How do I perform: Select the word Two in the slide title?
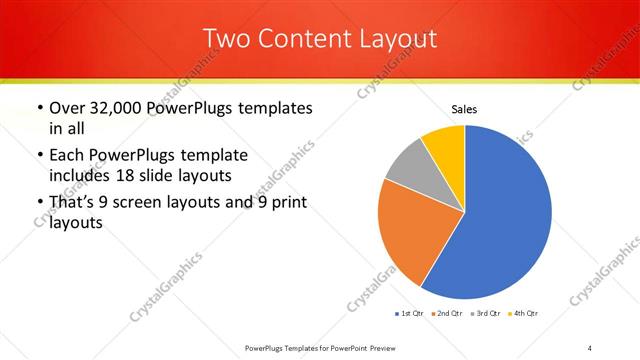[225, 39]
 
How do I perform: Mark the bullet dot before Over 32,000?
[38, 108]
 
